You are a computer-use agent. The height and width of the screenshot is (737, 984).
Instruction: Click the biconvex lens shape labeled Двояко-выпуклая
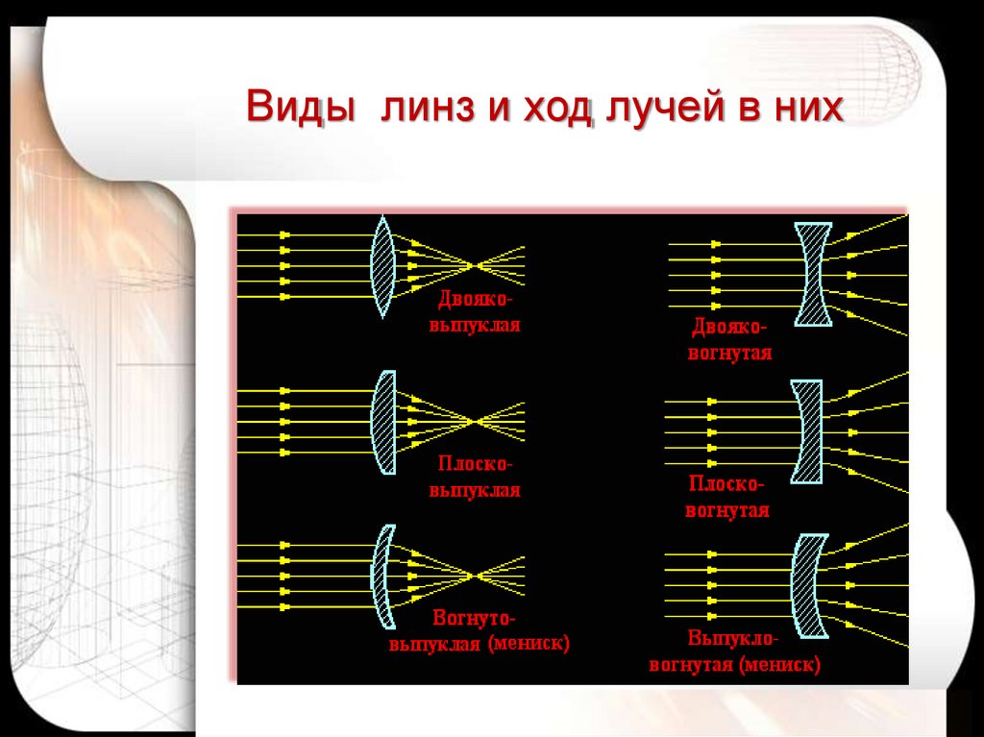382,266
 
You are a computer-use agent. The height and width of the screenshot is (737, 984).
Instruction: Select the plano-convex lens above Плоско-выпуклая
383,422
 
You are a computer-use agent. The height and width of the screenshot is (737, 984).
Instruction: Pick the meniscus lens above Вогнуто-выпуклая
381,575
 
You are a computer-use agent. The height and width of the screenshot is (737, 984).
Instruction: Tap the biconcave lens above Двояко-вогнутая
813,273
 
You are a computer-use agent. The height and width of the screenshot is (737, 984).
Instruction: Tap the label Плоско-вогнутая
727,497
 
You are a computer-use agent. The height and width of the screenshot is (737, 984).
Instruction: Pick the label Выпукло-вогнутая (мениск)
735,651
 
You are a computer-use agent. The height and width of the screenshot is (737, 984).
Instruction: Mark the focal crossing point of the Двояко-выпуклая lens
473,264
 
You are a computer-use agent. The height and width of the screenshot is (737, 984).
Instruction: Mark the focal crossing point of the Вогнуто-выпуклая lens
473,575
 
